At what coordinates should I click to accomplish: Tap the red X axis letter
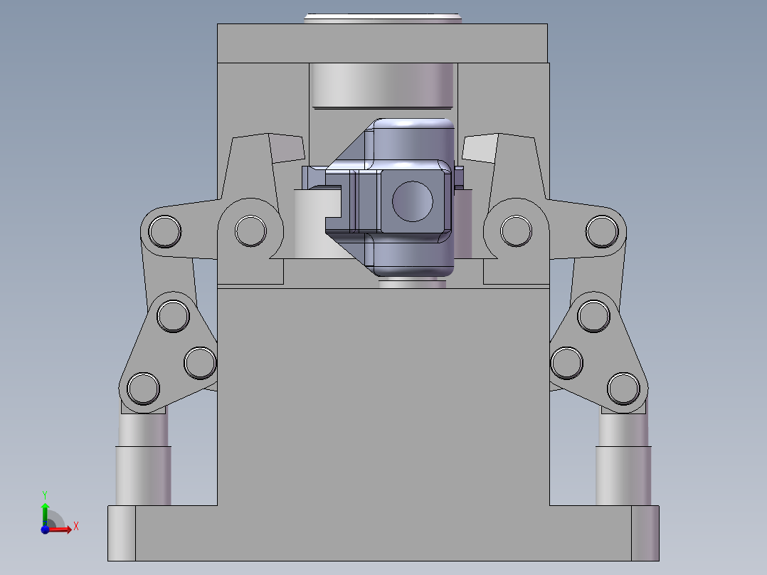tap(75, 526)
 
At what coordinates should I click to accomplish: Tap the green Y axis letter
tap(44, 493)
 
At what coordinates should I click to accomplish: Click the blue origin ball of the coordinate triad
tap(45, 529)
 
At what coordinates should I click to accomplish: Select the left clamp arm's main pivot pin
tap(249, 231)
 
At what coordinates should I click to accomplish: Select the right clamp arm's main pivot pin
tap(516, 231)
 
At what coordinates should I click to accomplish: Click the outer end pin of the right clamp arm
tap(601, 231)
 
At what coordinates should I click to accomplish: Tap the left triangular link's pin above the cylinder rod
tap(143, 389)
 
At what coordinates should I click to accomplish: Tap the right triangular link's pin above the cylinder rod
tap(624, 388)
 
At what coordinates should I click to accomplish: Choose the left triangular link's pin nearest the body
tap(199, 363)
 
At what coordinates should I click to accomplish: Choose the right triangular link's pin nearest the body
tap(567, 363)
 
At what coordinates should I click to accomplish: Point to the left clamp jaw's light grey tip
tap(288, 147)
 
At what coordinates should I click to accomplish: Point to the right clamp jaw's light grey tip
tap(479, 147)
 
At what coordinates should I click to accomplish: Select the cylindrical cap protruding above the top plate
tap(382, 18)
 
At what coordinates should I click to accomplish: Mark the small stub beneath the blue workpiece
tap(413, 284)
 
